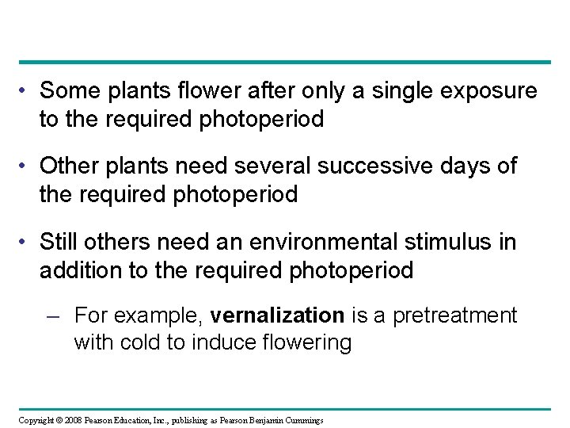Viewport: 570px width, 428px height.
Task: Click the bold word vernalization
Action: (x=277, y=316)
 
